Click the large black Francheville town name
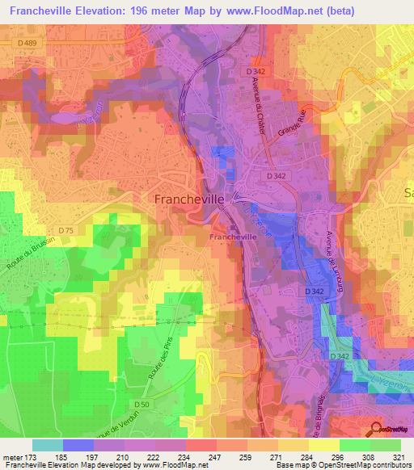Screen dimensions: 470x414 pos(187,198)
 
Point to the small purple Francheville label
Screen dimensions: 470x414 pos(233,237)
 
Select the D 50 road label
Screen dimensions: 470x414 pos(142,403)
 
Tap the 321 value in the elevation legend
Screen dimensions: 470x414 pos(399,456)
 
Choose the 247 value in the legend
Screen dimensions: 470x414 pos(215,456)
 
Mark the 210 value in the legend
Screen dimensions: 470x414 pos(124,456)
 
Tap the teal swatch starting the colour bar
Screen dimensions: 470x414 pos(48,445)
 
